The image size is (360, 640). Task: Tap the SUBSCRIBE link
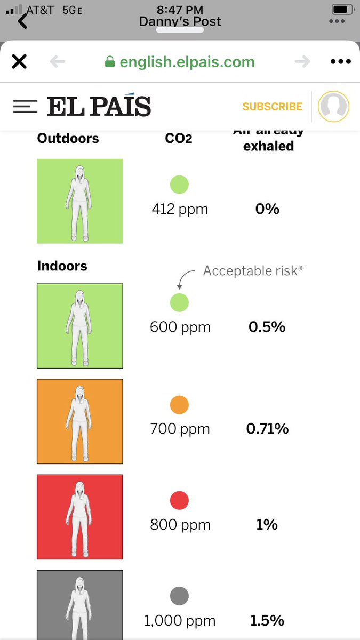272,107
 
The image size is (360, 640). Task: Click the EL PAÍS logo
99,107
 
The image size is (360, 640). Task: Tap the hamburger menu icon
25,106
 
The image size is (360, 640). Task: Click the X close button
19,62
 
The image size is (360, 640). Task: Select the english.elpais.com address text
187,62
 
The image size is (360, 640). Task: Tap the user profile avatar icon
333,106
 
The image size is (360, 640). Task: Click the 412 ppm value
180,209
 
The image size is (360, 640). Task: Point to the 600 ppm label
180,327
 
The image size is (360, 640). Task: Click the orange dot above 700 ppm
179,405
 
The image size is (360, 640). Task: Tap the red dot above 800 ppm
179,501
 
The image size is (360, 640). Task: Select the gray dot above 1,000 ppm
179,596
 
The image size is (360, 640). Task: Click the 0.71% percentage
267,428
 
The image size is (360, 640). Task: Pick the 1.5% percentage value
267,621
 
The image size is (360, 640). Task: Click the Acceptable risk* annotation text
253,271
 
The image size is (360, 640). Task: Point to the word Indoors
62,266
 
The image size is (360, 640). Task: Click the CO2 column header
179,139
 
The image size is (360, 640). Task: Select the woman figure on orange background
79,421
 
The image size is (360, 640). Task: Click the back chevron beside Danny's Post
22,21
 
